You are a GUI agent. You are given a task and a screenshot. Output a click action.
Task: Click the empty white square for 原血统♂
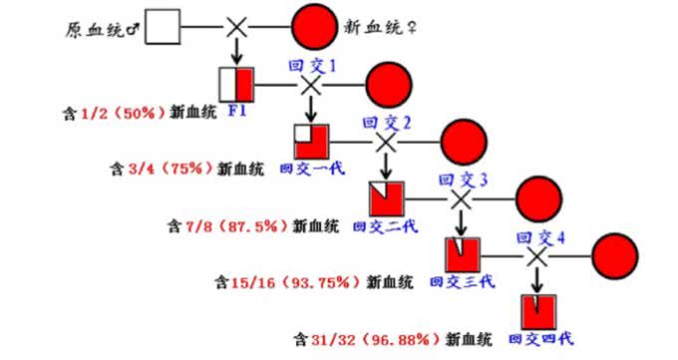[x=164, y=28]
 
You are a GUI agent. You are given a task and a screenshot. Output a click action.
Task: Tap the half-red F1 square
[x=236, y=84]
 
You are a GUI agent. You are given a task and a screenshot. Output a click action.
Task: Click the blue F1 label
[x=237, y=110]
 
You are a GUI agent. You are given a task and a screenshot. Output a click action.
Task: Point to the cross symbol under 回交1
[x=310, y=85]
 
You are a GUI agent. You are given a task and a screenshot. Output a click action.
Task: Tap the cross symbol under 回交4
[x=537, y=255]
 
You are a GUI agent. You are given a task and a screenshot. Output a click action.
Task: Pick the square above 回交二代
[x=386, y=197]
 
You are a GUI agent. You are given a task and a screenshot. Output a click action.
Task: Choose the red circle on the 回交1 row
[x=387, y=85]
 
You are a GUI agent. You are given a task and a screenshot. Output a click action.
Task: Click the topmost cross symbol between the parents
[x=236, y=28]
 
